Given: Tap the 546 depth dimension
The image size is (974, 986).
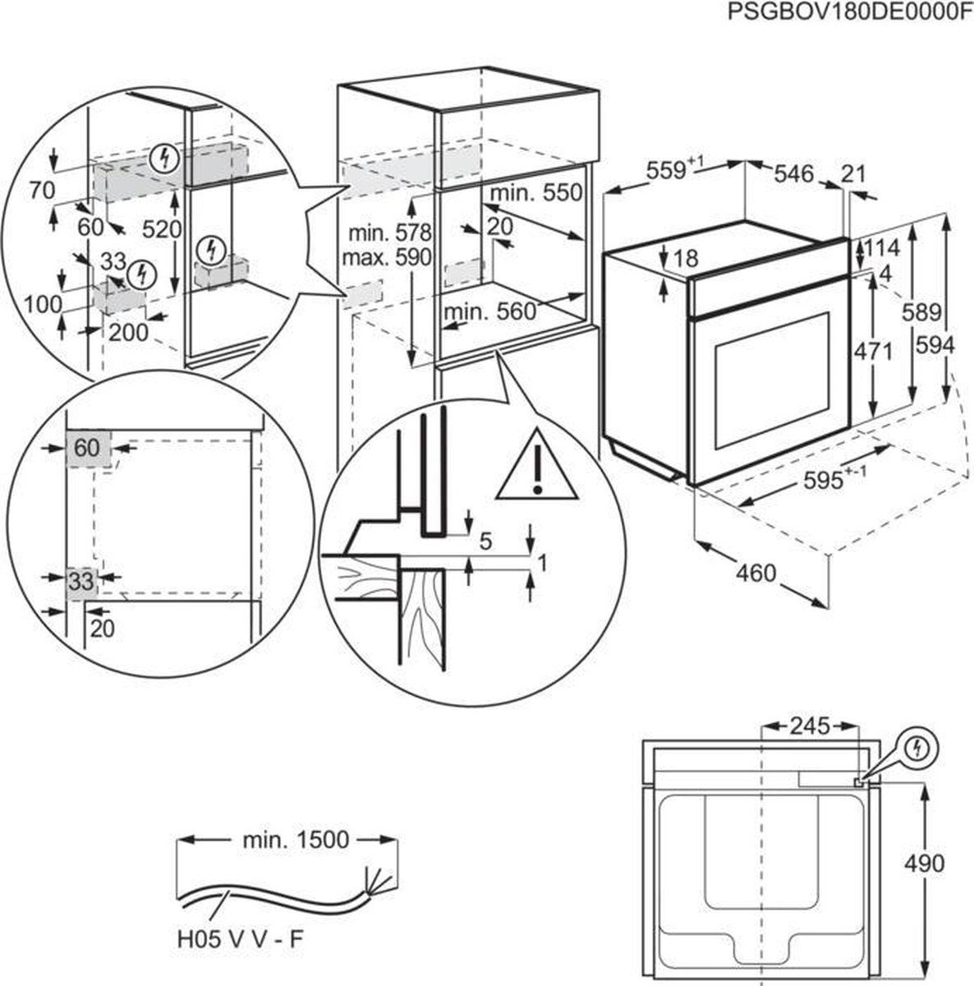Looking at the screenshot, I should (x=793, y=174).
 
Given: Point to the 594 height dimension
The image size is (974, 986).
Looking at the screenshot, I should (x=936, y=346).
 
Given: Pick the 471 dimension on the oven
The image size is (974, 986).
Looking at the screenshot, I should (x=873, y=351).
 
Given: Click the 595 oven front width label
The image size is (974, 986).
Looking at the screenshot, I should (x=829, y=479).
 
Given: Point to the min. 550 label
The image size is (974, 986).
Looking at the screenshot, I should (x=535, y=193).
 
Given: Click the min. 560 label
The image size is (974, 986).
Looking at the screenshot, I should (x=489, y=311).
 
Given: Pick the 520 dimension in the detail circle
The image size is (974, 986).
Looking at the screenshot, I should (x=160, y=229).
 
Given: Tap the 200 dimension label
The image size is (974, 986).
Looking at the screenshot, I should (x=129, y=333).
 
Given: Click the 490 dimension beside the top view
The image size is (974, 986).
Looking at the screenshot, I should (x=924, y=863).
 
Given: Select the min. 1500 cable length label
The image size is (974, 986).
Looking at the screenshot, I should (x=296, y=840).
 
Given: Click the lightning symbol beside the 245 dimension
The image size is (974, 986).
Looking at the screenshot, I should (x=917, y=748).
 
